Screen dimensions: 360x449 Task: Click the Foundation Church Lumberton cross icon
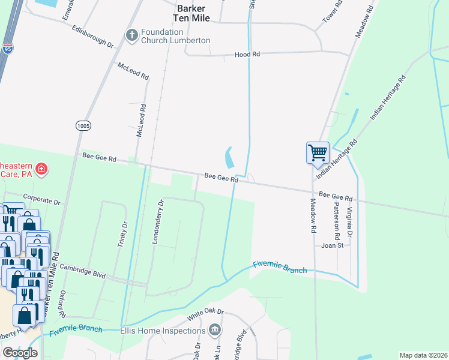click(131, 36)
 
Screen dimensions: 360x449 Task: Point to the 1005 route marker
click(83, 125)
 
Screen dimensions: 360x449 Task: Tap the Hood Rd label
click(247, 55)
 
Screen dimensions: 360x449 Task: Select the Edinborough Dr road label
click(92, 36)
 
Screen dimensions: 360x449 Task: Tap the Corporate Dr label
click(42, 198)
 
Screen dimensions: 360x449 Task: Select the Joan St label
click(332, 245)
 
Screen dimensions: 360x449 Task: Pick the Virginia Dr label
click(349, 217)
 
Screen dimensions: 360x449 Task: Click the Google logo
click(20, 353)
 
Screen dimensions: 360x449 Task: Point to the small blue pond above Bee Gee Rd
click(229, 158)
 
